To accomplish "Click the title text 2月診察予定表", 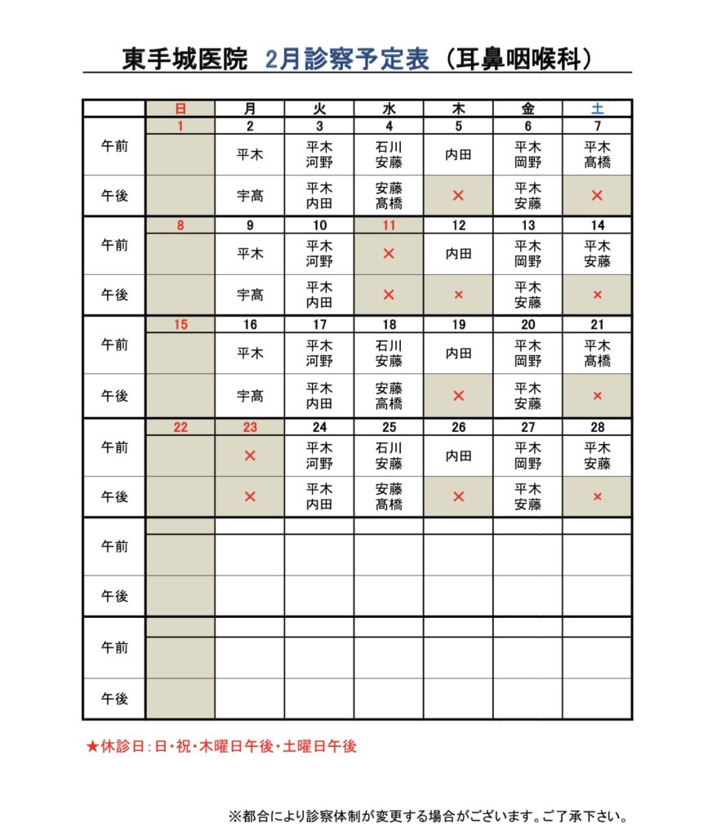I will tap(347, 60).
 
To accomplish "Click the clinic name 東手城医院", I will tap(185, 60).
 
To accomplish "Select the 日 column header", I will tap(180, 108).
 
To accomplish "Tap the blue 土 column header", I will tap(597, 108).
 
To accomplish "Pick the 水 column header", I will tap(389, 108).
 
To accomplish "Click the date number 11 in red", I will tap(389, 225).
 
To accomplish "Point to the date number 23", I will tap(250, 427).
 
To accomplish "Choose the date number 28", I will tap(597, 427).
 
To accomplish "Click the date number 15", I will tap(180, 325).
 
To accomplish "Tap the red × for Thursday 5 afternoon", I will tap(458, 196).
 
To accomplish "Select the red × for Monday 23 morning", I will tap(250, 456).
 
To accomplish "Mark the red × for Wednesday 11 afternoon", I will tap(389, 295).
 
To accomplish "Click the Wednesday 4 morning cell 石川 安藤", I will tap(389, 154).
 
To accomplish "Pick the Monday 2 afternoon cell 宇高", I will tap(250, 196).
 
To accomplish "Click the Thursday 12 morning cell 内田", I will tap(458, 254).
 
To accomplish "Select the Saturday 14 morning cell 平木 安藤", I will tap(597, 254).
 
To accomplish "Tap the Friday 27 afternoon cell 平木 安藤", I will tap(528, 496).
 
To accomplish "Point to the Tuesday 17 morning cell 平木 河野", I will tap(319, 354).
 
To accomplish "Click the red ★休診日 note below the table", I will tap(221, 746).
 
